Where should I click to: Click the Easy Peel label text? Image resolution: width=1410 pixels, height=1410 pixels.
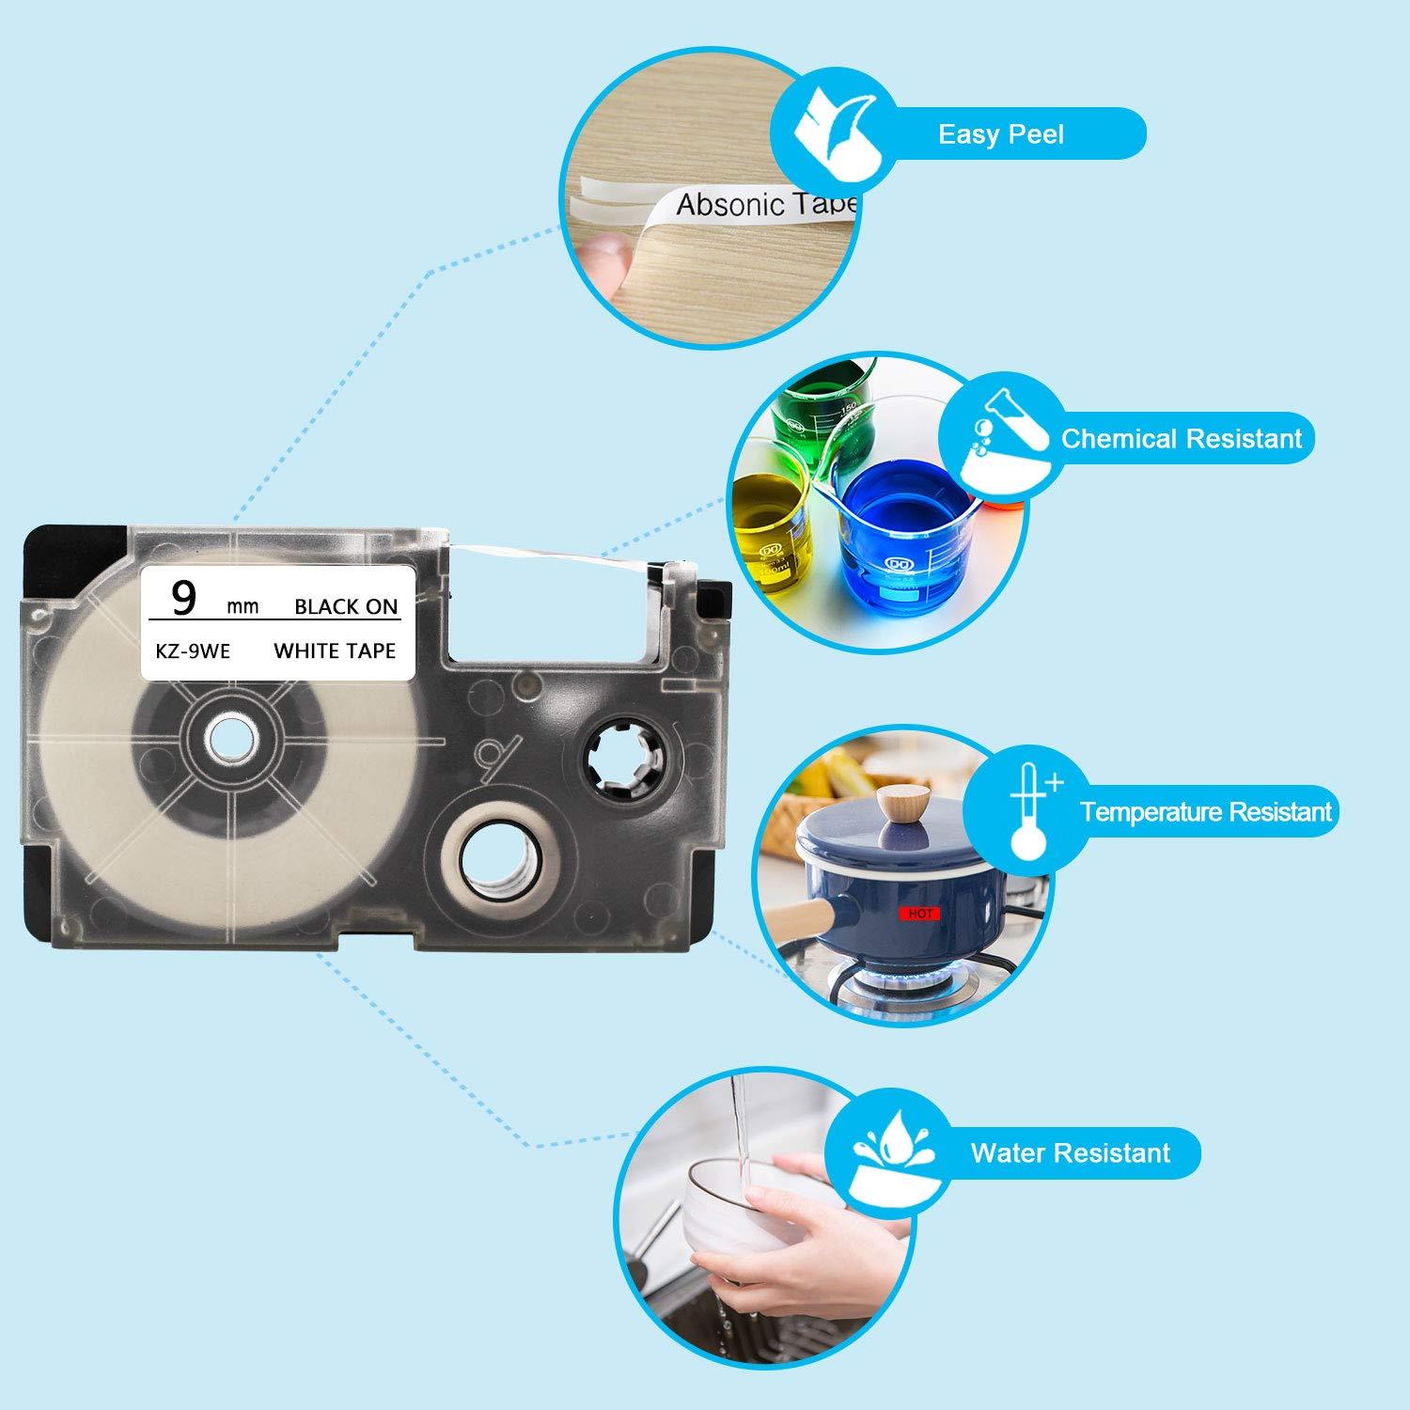1000,134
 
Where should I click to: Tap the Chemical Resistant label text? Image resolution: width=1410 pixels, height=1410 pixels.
1182,438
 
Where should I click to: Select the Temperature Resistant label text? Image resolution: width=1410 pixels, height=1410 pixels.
1206,811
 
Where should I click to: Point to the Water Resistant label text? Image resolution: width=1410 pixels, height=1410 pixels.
1071,1152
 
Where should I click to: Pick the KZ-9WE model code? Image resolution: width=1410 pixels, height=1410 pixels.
193,650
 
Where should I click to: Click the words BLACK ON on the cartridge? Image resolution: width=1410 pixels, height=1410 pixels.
346,606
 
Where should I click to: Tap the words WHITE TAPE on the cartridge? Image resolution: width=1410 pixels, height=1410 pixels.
335,650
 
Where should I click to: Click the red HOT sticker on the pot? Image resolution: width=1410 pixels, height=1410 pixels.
918,913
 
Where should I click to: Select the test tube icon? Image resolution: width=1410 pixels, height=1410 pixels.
1001,442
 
